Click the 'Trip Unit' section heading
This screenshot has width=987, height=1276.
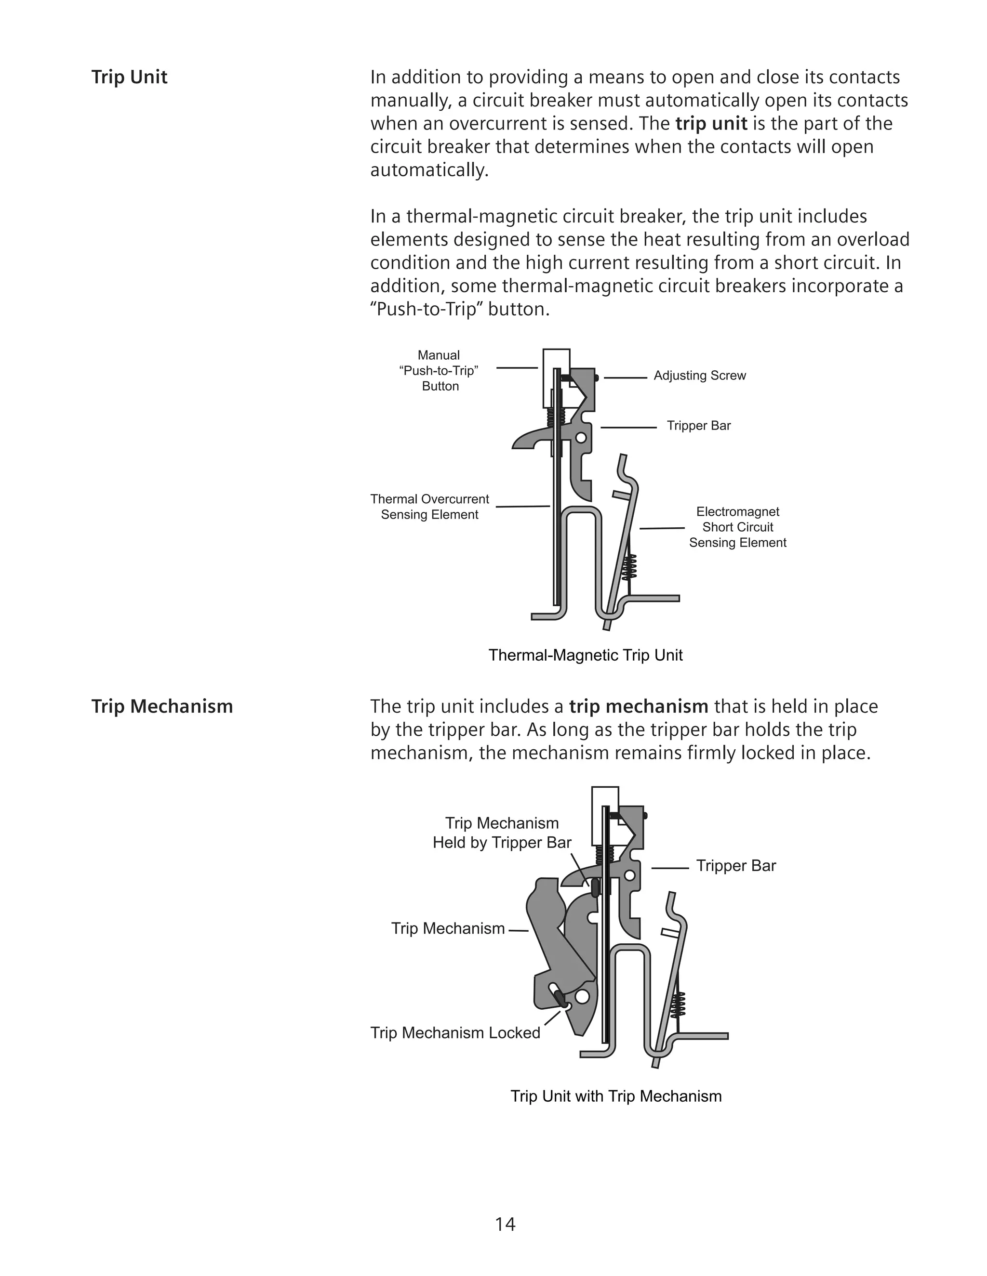pos(129,77)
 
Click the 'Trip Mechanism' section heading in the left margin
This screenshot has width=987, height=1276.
pos(162,706)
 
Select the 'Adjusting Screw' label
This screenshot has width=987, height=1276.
pos(699,376)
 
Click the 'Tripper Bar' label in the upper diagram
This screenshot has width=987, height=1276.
pos(699,426)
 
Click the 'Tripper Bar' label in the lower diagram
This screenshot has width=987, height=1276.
pos(735,866)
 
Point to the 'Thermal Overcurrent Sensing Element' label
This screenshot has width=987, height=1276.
pos(430,507)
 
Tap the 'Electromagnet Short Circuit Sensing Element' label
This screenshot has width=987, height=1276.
pos(737,527)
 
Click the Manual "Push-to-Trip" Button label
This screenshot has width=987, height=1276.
pos(439,370)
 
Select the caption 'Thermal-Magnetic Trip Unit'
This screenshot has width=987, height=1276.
pos(585,655)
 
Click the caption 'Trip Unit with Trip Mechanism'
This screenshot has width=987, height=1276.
pos(616,1096)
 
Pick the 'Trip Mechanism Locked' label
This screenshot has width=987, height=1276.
pos(455,1033)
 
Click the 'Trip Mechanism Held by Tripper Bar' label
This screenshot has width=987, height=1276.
pos(502,833)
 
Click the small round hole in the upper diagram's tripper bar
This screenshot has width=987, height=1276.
pos(581,438)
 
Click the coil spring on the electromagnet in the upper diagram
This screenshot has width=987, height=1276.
pos(630,566)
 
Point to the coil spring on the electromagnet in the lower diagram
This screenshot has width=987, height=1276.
pos(678,1005)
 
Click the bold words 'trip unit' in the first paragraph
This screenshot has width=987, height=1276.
pos(711,124)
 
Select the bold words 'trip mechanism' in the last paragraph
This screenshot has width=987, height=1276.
pos(639,707)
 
